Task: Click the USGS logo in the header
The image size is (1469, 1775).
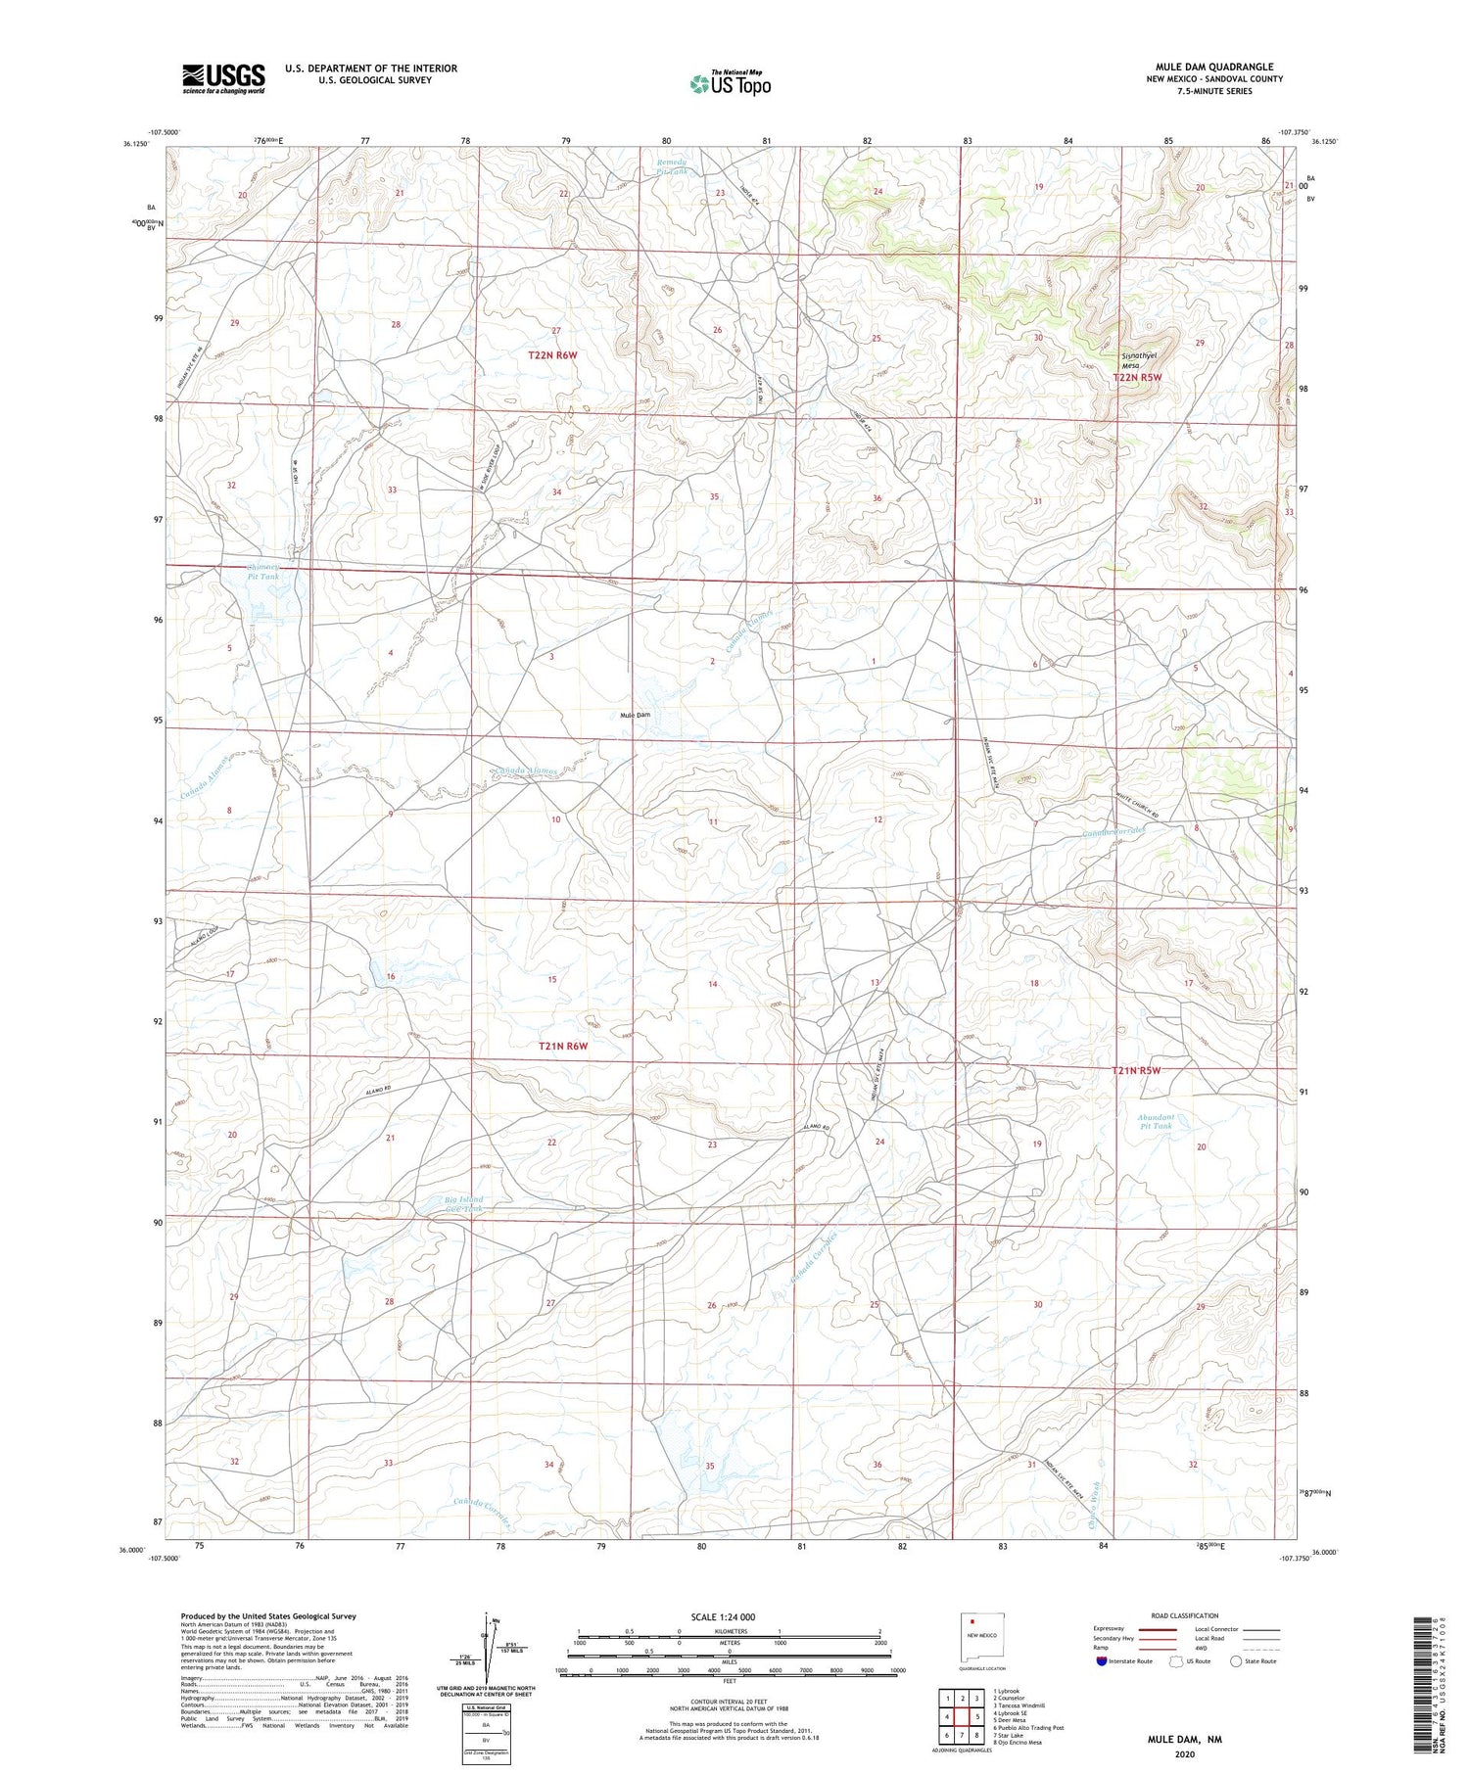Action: point(223,78)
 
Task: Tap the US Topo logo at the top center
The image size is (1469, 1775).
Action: point(730,84)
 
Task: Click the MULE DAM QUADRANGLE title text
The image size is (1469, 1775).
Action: point(1214,67)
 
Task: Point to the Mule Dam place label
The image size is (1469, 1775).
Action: point(635,715)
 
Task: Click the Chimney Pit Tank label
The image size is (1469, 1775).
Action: point(262,572)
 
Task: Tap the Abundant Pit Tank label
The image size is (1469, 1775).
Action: point(1156,1121)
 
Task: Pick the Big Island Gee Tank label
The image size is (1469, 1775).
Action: point(464,1204)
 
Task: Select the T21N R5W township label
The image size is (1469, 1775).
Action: point(1136,1070)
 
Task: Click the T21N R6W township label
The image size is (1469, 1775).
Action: point(563,1046)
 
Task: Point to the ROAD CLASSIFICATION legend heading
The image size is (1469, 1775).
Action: point(1185,1615)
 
